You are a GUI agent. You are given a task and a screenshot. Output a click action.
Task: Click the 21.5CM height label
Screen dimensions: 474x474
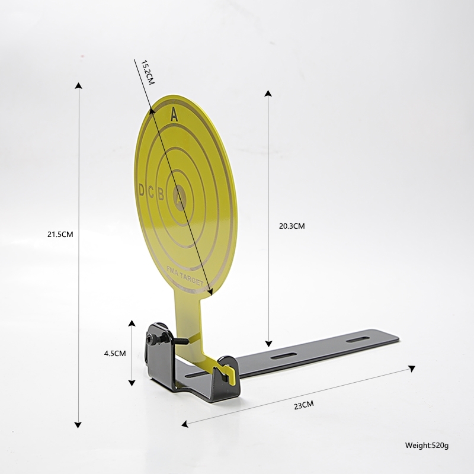60,234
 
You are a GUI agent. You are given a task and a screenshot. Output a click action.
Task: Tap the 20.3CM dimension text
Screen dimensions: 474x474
292,226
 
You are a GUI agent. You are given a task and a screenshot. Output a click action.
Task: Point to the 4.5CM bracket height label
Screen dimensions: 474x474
114,353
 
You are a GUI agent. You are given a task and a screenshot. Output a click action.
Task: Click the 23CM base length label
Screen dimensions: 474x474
303,405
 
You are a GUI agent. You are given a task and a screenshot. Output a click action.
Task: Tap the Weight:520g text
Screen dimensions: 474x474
427,444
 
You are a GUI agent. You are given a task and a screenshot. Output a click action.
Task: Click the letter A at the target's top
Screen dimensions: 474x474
174,115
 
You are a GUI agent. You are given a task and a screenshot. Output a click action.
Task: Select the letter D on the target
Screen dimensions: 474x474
141,190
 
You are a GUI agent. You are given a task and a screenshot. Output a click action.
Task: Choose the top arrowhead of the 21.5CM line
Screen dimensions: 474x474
78,85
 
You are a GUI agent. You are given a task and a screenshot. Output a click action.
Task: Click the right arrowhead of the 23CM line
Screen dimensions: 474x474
411,368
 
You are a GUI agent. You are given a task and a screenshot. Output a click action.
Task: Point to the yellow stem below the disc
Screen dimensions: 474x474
188,320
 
